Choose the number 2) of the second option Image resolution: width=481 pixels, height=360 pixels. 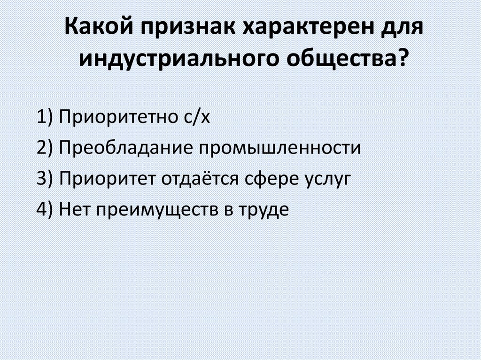[x=46, y=148]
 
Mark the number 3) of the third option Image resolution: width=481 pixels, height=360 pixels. [x=46, y=178]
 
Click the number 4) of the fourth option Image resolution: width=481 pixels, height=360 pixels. [x=46, y=209]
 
